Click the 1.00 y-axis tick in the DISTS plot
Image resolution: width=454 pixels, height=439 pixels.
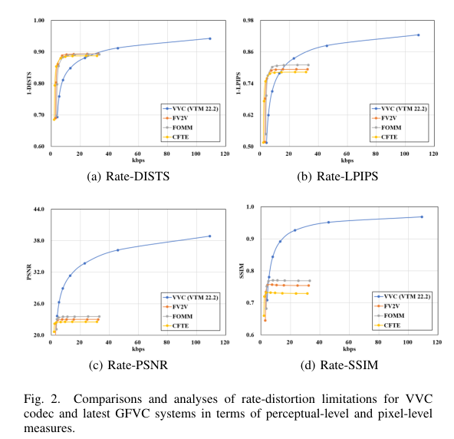(x=39, y=20)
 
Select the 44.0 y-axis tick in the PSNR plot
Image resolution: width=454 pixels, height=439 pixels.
(x=39, y=209)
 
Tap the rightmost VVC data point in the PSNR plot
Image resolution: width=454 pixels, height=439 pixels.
(x=209, y=236)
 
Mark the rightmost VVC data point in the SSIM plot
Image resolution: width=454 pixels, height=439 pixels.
(x=421, y=217)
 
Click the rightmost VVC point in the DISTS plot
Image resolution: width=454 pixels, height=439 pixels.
(x=209, y=38)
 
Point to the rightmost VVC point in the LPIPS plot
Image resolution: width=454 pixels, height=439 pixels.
(x=418, y=35)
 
